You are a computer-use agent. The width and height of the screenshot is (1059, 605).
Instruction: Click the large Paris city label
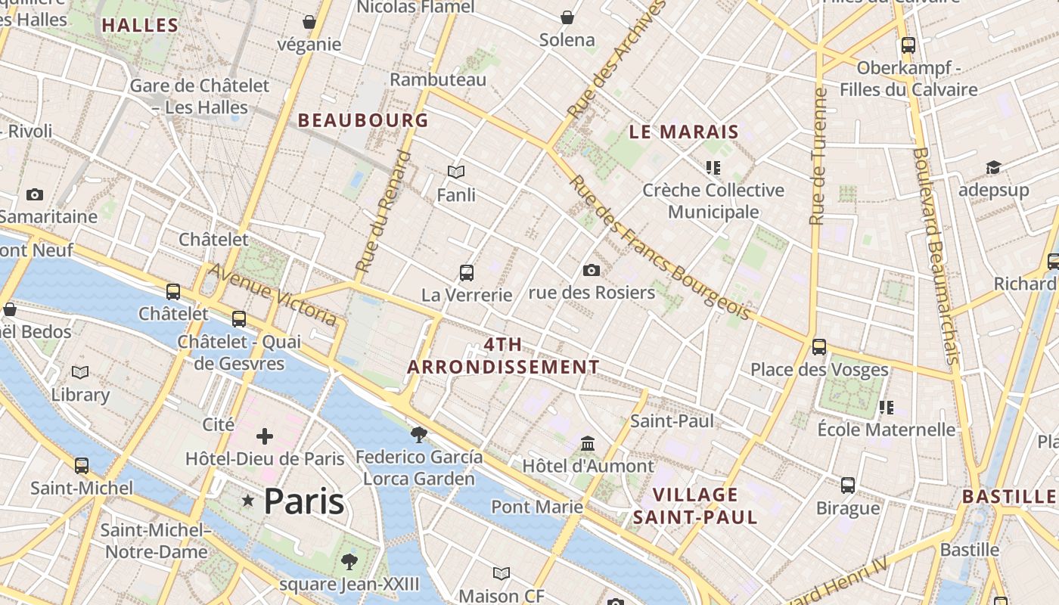point(304,501)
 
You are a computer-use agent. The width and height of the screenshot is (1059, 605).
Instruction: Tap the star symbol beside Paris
point(247,501)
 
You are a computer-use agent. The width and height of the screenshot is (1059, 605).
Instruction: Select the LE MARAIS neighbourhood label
point(684,132)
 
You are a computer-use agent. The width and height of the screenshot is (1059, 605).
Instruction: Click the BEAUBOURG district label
point(363,120)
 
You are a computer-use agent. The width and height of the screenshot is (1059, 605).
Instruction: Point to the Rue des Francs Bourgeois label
point(660,247)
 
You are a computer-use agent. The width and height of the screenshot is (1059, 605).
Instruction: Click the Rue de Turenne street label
point(818,157)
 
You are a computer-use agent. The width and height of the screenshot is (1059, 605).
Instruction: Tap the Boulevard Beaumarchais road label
point(936,255)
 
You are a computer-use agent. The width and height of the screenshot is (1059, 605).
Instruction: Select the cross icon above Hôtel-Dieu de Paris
point(265,436)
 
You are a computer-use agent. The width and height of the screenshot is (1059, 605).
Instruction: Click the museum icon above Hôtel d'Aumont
point(588,443)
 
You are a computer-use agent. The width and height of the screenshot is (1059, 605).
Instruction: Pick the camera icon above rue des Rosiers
point(592,270)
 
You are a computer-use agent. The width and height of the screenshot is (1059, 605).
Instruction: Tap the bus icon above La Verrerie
point(467,273)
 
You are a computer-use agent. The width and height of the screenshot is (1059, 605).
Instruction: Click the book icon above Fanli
point(456,172)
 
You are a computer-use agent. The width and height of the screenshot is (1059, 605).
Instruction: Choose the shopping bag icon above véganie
point(309,22)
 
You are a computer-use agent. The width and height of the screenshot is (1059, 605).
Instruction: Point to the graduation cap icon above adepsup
point(993,167)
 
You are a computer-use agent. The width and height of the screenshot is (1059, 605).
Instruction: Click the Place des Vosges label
point(819,370)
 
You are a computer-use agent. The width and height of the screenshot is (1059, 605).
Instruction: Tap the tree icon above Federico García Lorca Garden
point(418,434)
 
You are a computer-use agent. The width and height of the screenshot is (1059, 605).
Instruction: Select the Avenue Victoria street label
point(272,294)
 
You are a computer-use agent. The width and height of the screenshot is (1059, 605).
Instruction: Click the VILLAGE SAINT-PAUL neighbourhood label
point(694,506)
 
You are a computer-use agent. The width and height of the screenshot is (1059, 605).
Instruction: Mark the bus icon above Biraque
point(848,485)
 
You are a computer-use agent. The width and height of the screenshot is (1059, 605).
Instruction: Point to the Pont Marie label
point(537,506)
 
